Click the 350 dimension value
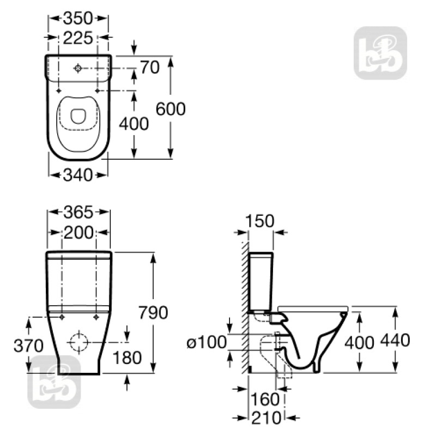pos(78,18)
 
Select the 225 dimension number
pos(78,38)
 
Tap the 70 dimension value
pos(149,68)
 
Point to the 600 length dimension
pos(171,108)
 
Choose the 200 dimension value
pos(79,232)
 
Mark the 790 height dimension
pos(152,312)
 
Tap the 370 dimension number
pos(28,345)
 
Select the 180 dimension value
pos(127,358)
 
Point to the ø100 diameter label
pos(207,343)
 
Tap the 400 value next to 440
pos(359,342)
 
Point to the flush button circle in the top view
pos(78,68)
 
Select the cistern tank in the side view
pos(261,281)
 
